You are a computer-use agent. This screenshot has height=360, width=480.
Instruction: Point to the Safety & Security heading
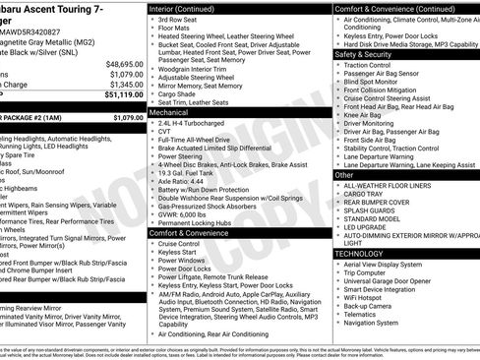pos(364,54)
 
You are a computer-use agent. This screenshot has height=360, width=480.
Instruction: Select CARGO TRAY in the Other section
pos(365,195)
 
